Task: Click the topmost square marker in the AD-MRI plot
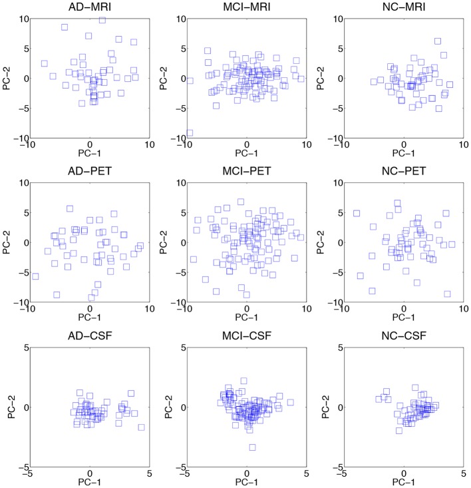point(102,20)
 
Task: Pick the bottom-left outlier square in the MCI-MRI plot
point(190,133)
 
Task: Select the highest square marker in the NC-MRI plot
point(438,41)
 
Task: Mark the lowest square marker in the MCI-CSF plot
point(253,447)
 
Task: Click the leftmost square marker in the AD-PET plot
point(35,276)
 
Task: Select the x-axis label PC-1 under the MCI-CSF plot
point(247,482)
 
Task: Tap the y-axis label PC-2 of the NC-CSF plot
point(323,407)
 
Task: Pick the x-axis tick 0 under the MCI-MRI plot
point(247,144)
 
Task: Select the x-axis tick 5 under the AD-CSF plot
point(149,473)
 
